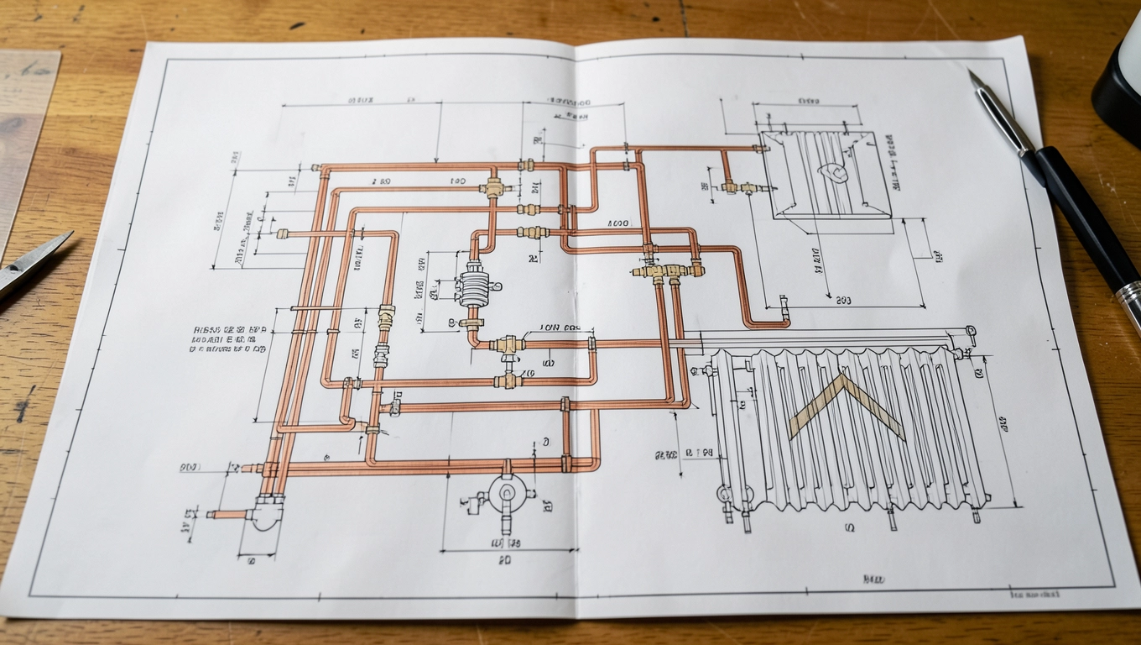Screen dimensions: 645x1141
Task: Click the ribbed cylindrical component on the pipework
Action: pos(473,288)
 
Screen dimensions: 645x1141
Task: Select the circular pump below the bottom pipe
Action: pos(507,493)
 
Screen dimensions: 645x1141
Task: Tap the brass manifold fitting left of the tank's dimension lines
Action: pos(669,270)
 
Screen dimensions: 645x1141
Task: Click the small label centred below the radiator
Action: pos(850,529)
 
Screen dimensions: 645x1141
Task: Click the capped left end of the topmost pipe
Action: pos(317,169)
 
